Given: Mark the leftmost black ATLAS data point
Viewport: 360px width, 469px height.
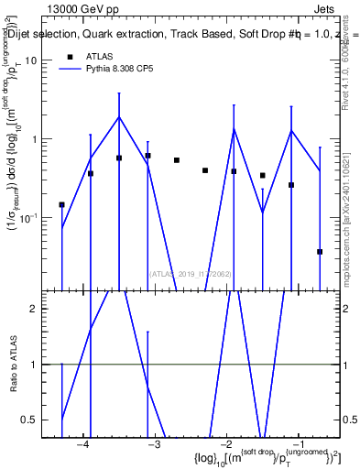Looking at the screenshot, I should coord(61,205).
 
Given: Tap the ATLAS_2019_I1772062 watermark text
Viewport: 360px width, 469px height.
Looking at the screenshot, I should coord(191,273).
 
